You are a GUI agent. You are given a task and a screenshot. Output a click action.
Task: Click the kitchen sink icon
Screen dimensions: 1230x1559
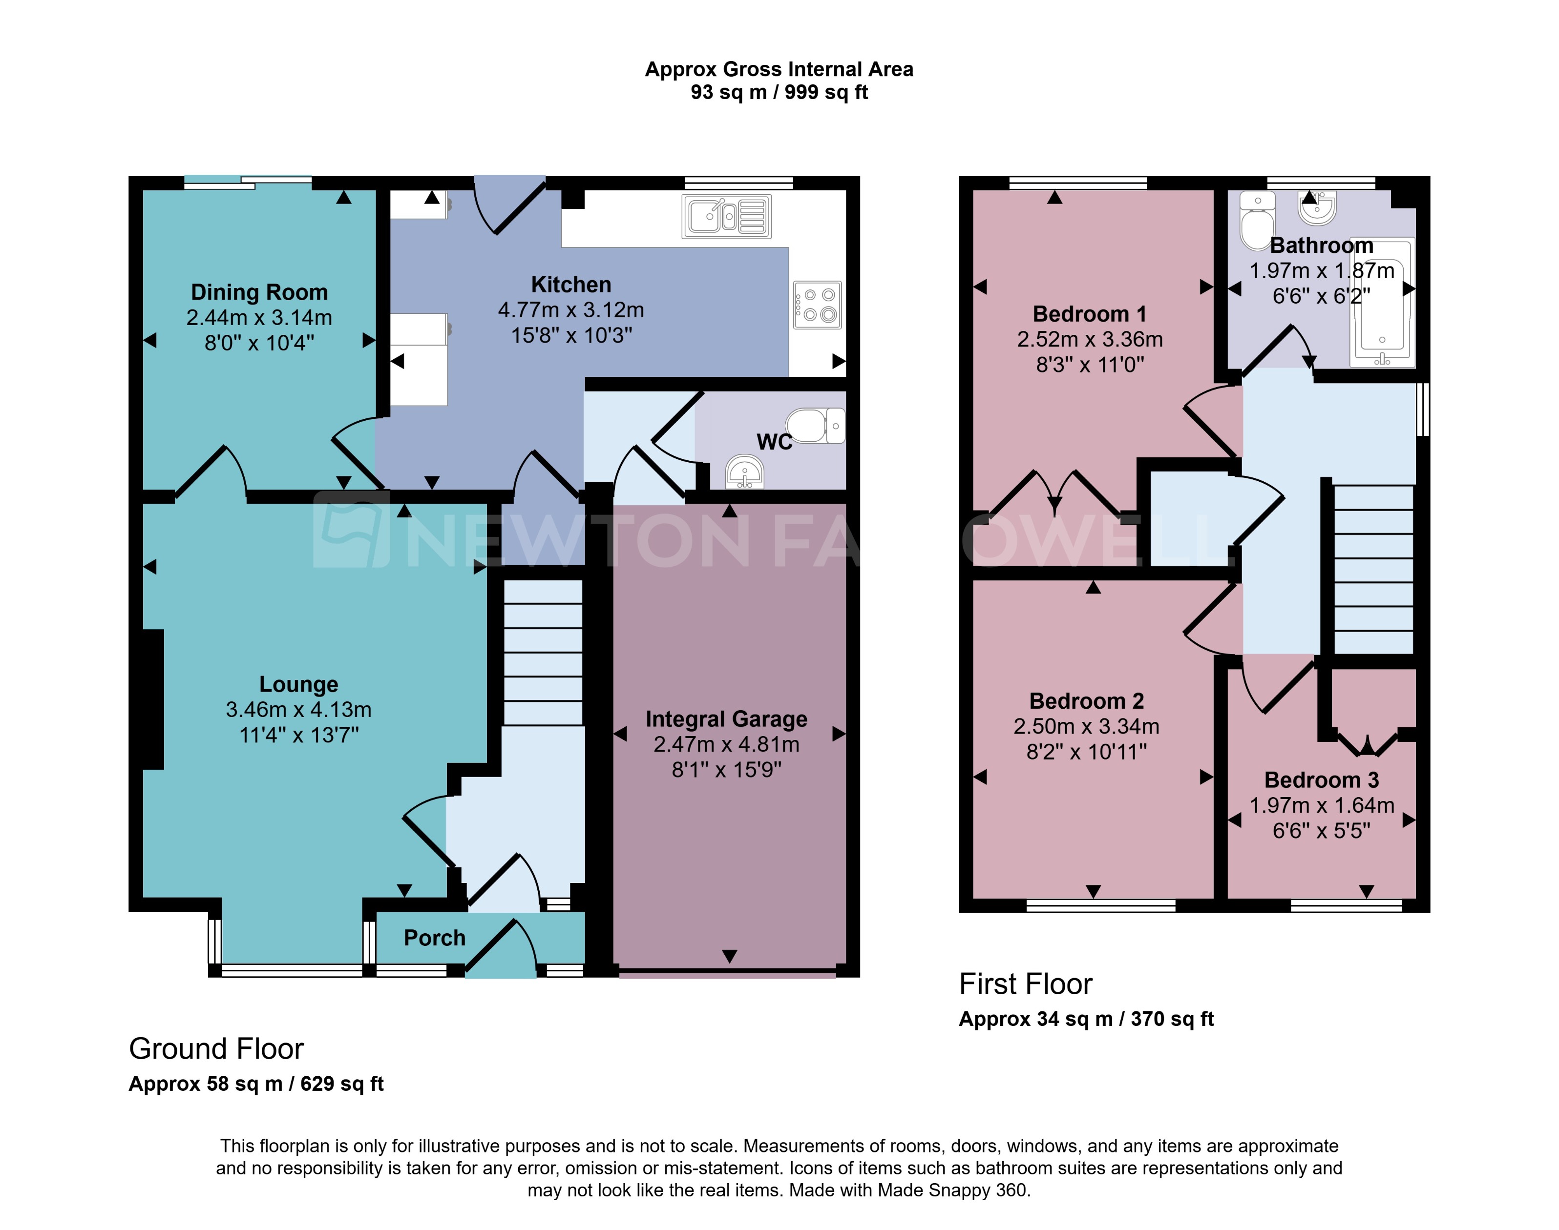pyautogui.click(x=726, y=216)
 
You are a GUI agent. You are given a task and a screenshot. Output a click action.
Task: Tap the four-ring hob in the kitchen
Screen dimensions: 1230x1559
pyautogui.click(x=817, y=305)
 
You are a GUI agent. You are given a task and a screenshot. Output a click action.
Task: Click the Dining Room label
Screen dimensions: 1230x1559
pyautogui.click(x=259, y=292)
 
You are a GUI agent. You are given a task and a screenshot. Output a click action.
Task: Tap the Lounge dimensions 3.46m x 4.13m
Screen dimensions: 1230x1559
pyautogui.click(x=298, y=709)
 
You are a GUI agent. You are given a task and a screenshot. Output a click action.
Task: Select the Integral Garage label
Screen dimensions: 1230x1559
pyautogui.click(x=726, y=718)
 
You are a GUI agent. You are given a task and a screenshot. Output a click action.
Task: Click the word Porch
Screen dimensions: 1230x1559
pyautogui.click(x=434, y=938)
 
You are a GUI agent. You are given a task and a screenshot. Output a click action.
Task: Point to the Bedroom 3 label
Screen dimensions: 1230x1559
pyautogui.click(x=1321, y=780)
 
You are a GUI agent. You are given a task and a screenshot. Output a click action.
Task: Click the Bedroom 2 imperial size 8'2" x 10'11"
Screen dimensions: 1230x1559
pyautogui.click(x=1086, y=752)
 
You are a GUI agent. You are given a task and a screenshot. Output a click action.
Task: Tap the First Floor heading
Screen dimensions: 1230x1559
pyautogui.click(x=1025, y=984)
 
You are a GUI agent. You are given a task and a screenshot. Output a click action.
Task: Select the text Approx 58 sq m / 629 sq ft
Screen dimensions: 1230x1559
pyautogui.click(x=256, y=1084)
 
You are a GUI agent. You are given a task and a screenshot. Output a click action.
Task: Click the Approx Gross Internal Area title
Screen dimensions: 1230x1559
pyautogui.click(x=779, y=69)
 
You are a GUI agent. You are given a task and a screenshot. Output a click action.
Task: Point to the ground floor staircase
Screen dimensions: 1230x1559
pyautogui.click(x=543, y=652)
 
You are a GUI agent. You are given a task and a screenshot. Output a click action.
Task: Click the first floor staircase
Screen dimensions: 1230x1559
pyautogui.click(x=1373, y=569)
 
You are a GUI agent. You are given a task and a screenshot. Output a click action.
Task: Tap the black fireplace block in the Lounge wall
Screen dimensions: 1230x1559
pyautogui.click(x=153, y=698)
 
